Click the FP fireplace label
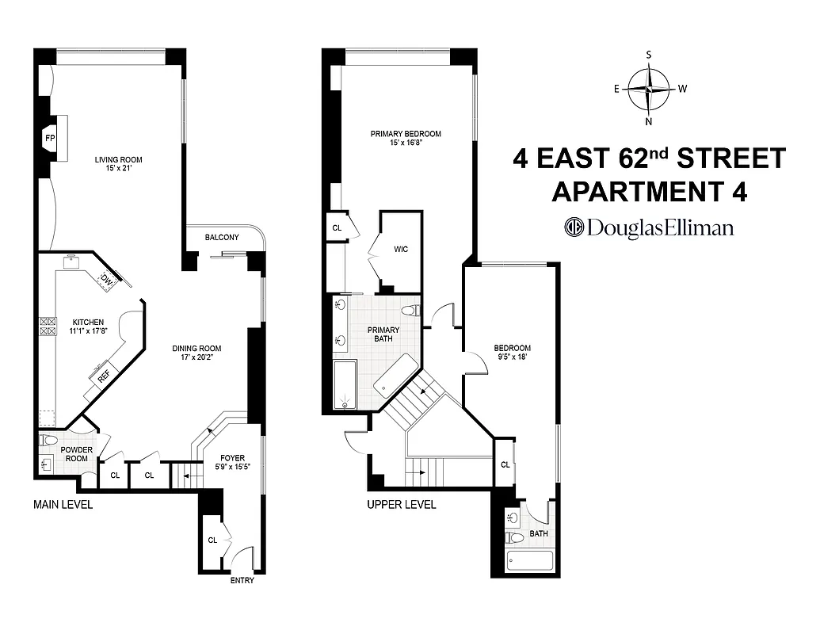(49, 138)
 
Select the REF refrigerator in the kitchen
(104, 377)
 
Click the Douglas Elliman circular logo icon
(574, 227)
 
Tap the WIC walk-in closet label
(401, 250)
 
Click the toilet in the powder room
(48, 440)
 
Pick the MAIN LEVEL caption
(63, 505)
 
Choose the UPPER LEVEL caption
(401, 505)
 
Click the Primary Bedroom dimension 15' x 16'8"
(405, 143)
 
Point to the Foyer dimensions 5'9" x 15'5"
(232, 468)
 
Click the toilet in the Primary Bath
(410, 310)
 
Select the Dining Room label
(196, 348)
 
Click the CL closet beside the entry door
(212, 540)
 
